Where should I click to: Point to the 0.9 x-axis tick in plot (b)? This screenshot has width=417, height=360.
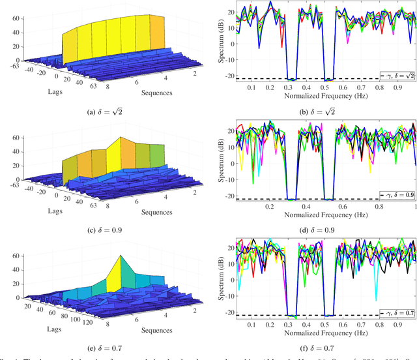click(394, 87)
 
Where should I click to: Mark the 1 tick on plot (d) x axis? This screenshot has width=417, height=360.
click(414, 205)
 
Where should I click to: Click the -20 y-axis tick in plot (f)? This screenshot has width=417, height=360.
click(227, 316)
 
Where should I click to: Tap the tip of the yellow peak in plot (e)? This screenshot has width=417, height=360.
click(121, 255)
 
